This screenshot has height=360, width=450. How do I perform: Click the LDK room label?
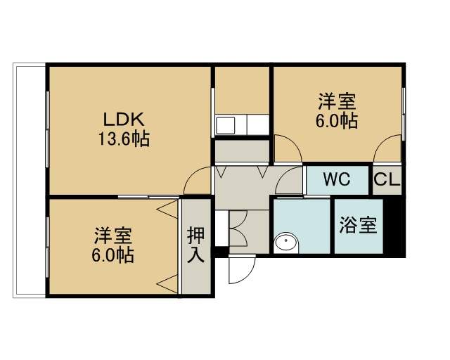click(x=124, y=120)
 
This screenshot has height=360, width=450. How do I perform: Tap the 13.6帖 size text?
click(x=124, y=139)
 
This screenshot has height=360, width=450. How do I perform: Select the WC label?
click(x=337, y=179)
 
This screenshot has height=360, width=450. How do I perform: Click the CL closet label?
click(x=387, y=179)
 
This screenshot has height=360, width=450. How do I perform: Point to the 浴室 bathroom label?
click(x=359, y=225)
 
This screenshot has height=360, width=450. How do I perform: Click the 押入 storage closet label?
click(x=196, y=245)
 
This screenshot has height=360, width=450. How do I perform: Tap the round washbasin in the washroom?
click(x=285, y=242)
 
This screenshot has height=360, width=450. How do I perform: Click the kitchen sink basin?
click(x=225, y=125)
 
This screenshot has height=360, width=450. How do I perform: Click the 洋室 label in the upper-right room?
click(x=337, y=101)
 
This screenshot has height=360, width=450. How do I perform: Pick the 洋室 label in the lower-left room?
click(x=113, y=236)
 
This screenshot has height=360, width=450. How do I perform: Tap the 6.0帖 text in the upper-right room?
click(x=337, y=121)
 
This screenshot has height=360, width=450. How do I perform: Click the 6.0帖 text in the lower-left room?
click(x=112, y=255)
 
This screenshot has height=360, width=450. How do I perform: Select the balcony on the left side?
click(x=30, y=180)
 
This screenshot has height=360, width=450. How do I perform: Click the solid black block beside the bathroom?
click(x=394, y=226)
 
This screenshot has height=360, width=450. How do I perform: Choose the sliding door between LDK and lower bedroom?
click(x=148, y=197)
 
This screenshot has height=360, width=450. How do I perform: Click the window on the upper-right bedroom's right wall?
click(x=404, y=114)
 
